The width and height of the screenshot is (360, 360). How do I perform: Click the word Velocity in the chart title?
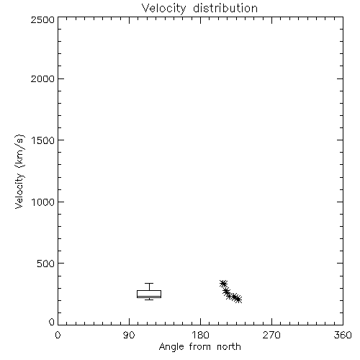[163, 9]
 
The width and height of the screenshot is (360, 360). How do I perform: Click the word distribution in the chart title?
[225, 8]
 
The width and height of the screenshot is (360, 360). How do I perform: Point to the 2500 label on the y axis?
[42, 19]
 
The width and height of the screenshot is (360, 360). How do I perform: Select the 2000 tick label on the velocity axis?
[42, 78]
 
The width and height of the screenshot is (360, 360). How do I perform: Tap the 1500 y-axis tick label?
[43, 140]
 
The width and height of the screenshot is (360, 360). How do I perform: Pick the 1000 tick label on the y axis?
[43, 202]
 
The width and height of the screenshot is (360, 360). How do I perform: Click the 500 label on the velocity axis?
[46, 264]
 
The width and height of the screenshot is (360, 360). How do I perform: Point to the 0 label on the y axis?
[52, 322]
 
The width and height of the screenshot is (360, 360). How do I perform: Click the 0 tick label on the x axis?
[58, 335]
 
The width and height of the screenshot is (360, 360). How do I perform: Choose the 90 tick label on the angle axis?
[129, 335]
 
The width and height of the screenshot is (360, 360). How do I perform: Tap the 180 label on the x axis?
[200, 335]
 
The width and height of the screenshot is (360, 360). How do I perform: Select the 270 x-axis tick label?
[271, 335]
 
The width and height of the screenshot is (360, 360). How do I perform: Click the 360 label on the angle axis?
[343, 335]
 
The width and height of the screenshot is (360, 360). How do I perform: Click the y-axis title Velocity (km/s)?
[19, 171]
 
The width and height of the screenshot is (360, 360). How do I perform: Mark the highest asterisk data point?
[223, 284]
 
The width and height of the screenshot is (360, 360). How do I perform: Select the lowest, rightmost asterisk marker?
[238, 300]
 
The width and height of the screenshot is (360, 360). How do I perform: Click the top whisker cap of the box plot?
[149, 284]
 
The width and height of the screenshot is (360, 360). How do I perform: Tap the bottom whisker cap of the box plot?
[149, 300]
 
